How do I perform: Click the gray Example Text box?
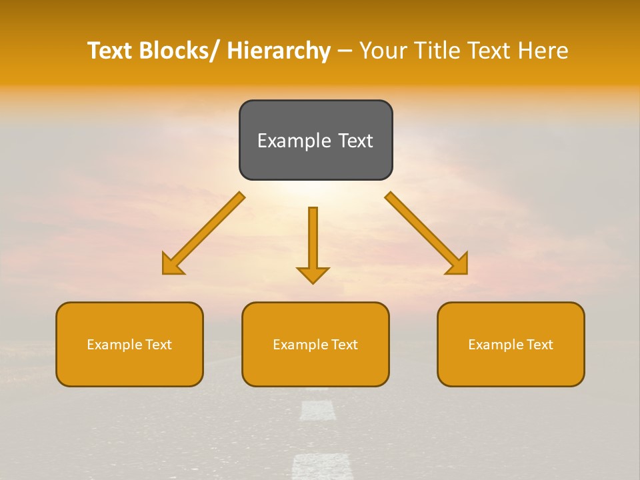point(315,140)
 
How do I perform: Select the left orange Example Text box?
point(129,344)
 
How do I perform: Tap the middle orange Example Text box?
point(315,344)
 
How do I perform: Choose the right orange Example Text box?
point(511,344)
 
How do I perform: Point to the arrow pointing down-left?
point(203,233)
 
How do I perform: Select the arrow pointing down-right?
point(427,233)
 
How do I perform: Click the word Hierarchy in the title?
point(279,51)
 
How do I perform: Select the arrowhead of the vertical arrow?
point(313,275)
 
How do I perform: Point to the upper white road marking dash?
point(318,410)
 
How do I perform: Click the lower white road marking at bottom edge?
point(322,467)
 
